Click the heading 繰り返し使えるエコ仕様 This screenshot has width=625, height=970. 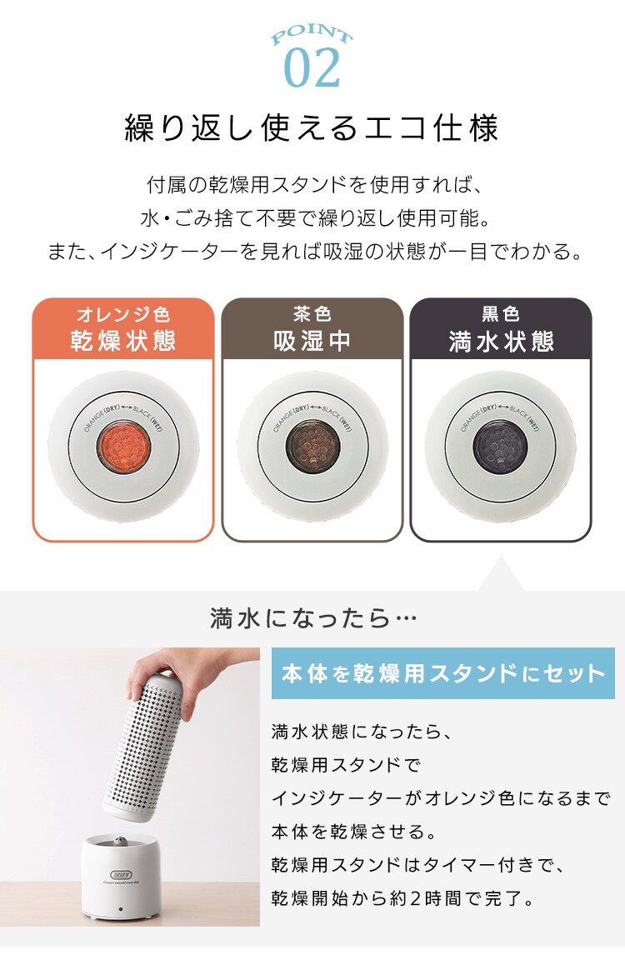[312, 129]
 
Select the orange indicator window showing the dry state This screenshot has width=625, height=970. [123, 445]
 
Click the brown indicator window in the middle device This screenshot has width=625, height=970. [312, 445]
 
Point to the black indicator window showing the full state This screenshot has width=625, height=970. [500, 445]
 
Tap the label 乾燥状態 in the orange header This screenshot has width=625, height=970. [123, 342]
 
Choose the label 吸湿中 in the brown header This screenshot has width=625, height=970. [312, 342]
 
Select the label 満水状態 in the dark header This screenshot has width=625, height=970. [500, 342]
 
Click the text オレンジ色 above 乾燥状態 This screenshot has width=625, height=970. [123, 315]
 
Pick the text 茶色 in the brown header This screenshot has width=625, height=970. [312, 315]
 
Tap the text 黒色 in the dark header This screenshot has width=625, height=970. [500, 315]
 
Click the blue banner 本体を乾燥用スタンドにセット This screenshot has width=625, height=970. [443, 673]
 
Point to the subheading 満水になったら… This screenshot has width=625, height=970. [312, 619]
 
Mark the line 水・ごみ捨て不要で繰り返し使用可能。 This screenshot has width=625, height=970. [312, 218]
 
